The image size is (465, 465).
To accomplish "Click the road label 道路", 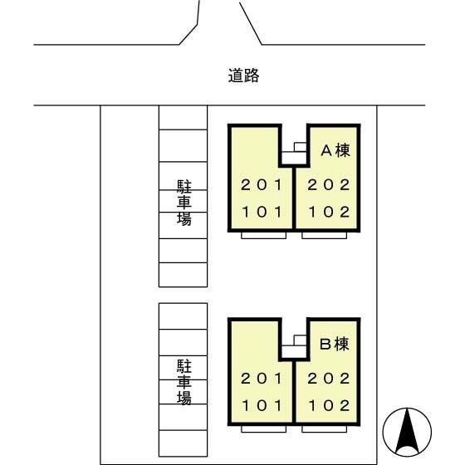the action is (244, 76).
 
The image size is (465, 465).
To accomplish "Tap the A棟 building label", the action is (335, 150).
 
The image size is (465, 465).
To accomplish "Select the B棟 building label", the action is (335, 344).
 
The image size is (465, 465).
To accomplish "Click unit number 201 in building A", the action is (262, 185).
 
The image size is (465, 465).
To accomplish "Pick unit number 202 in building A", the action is (329, 185).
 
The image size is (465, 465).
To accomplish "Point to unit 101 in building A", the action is (262, 212).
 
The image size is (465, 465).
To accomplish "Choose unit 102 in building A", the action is (329, 212).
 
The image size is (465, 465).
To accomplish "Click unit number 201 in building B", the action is (262, 379).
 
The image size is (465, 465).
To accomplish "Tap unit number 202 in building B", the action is (329, 379).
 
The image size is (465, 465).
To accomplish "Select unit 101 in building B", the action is (262, 405).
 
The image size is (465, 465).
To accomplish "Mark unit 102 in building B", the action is (329, 405).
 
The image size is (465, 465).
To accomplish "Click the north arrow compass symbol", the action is (407, 432).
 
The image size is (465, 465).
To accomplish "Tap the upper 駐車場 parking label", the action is (184, 203).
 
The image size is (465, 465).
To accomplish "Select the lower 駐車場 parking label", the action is (184, 382).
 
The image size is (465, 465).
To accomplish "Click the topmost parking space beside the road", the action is (183, 117).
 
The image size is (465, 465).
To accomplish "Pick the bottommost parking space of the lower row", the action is (183, 443).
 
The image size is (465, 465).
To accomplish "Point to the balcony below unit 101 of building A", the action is (264, 236).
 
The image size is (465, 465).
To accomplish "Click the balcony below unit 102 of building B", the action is (325, 428).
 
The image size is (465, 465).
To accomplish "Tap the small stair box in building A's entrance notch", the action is (300, 147).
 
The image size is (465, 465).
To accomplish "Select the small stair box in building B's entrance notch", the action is (300, 340).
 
